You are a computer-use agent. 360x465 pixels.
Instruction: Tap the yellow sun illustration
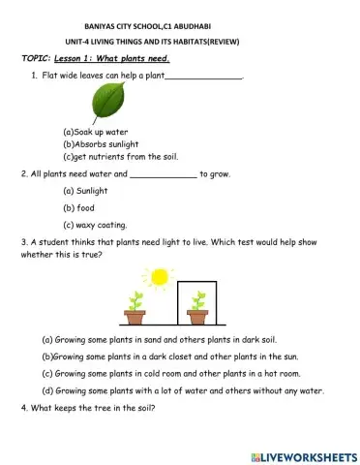(x=158, y=277)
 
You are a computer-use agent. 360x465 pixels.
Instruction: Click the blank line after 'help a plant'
(x=203, y=75)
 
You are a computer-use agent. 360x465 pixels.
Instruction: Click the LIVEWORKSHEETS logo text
(x=304, y=455)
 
